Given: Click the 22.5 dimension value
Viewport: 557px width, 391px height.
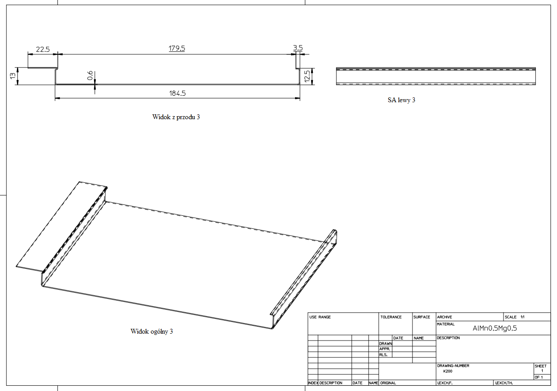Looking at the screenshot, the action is (x=43, y=49).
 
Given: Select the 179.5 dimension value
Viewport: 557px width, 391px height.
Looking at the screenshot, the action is (x=177, y=48).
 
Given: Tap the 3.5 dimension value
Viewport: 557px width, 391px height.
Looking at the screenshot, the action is (x=298, y=48).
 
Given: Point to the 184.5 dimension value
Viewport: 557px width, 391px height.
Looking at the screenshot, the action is (x=177, y=93).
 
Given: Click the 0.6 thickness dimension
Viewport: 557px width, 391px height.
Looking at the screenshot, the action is (x=90, y=76).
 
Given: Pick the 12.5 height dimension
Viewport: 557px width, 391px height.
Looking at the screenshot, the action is (x=307, y=76).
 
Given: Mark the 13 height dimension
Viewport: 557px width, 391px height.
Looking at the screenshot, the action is (x=13, y=76).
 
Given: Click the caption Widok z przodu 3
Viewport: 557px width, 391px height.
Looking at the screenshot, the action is (x=176, y=117).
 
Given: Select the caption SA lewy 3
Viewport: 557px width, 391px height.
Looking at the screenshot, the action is (x=401, y=100).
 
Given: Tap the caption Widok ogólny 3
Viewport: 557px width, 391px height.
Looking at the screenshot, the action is (x=151, y=331).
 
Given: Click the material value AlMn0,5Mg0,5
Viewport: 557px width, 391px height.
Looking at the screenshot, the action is (x=494, y=328).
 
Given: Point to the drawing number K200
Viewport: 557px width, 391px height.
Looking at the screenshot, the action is (x=448, y=371).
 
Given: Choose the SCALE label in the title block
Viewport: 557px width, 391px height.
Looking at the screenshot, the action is (x=510, y=317).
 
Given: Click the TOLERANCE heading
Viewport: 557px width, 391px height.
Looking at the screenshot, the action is (x=391, y=317).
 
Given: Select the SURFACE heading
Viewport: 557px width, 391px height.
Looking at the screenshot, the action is (x=422, y=317).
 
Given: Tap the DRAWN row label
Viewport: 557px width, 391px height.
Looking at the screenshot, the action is (x=386, y=344).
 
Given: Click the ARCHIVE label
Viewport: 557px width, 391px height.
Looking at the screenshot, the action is (x=444, y=317).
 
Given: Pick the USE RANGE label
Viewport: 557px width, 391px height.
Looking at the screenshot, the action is (x=320, y=317).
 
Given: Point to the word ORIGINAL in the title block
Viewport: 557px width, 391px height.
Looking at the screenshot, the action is (x=388, y=383).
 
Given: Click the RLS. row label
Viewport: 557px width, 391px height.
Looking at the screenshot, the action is (x=383, y=355).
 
